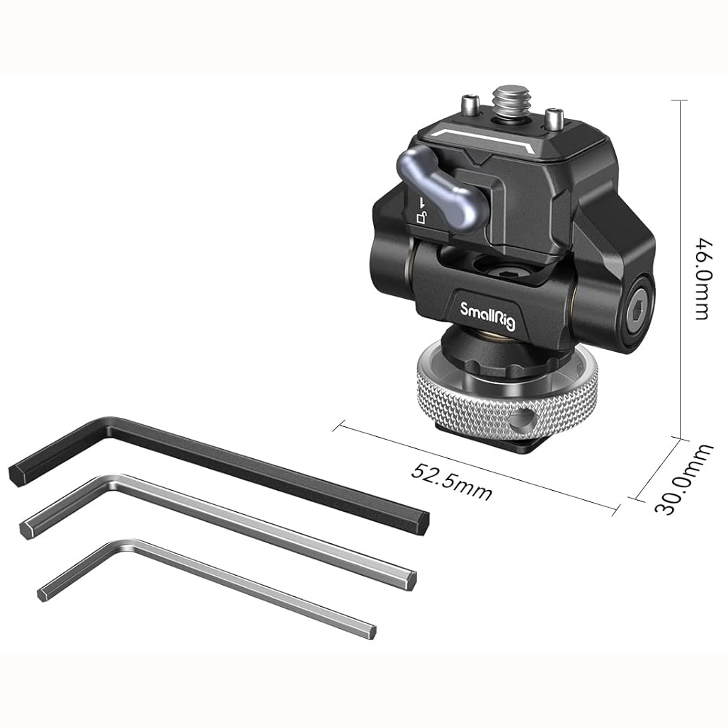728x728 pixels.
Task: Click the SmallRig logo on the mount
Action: coord(487,315)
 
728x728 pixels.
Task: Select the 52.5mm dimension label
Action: coord(451,482)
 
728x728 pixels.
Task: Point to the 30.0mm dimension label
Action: coord(683,479)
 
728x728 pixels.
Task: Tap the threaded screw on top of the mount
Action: coord(509,101)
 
